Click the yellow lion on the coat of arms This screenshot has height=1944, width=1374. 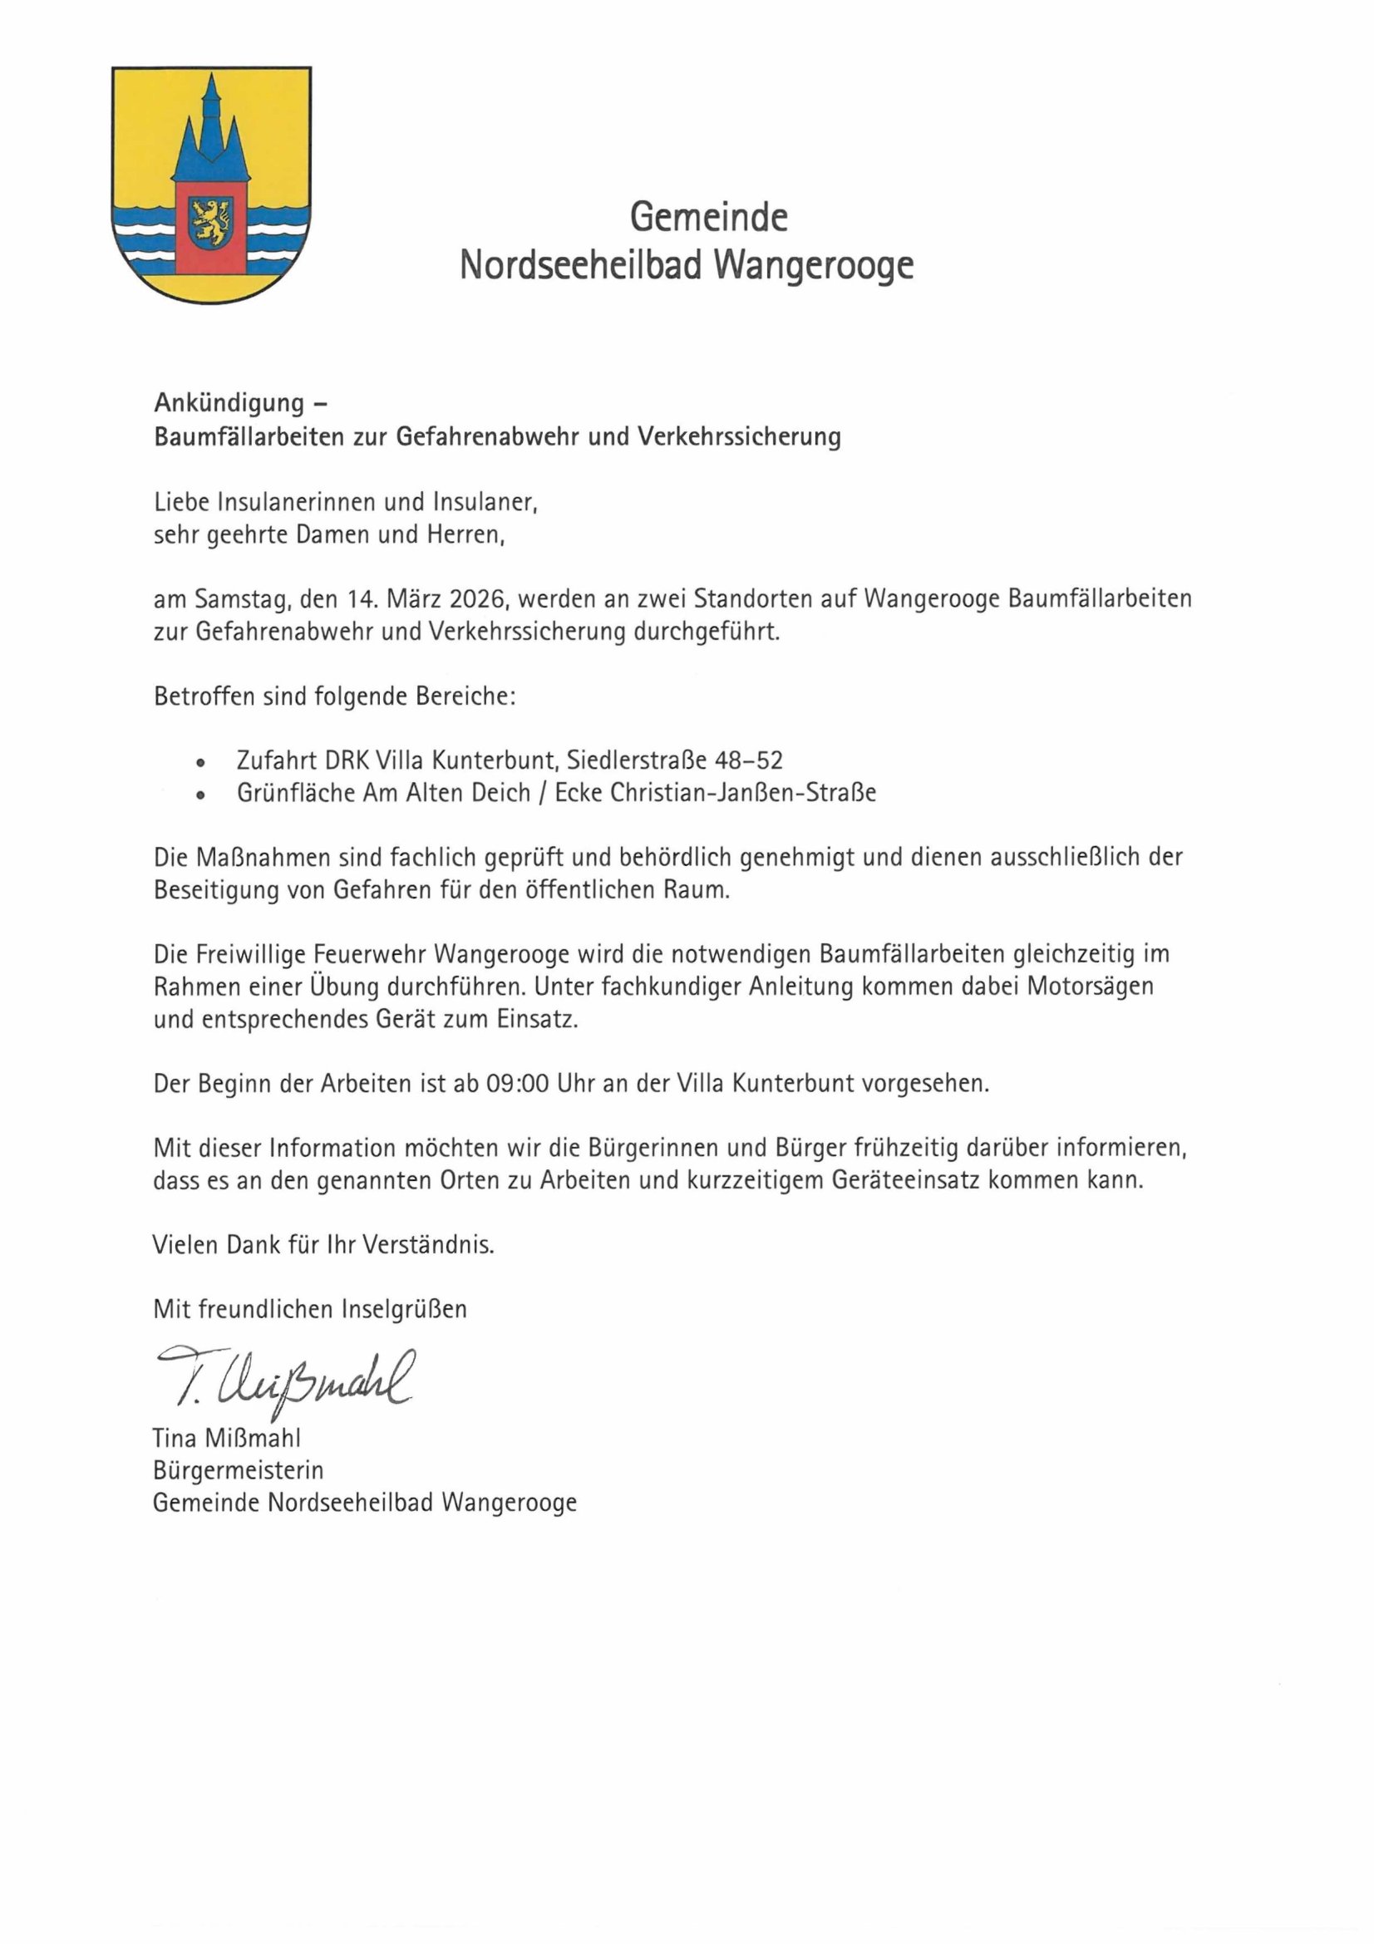click(x=210, y=221)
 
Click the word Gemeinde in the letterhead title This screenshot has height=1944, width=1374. click(x=707, y=218)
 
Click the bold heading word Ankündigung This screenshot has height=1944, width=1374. click(x=229, y=403)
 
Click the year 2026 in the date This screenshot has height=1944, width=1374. click(x=477, y=599)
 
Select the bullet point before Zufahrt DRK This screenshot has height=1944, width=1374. click(x=200, y=763)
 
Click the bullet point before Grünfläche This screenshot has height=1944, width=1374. click(x=200, y=796)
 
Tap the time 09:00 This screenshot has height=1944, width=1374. click(x=517, y=1084)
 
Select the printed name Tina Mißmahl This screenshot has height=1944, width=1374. click(x=226, y=1438)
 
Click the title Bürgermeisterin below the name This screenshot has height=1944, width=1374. click(x=238, y=1470)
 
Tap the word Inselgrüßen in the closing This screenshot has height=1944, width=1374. click(x=404, y=1309)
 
